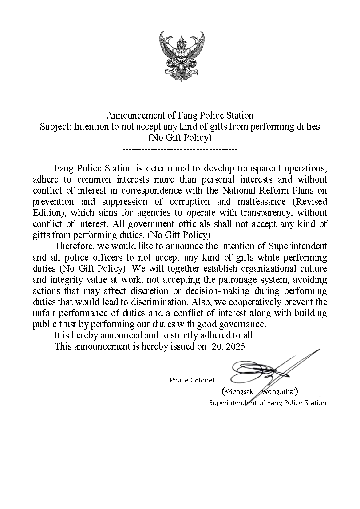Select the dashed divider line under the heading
pos(179,149)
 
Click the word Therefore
pos(73,246)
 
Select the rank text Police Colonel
pos(192,380)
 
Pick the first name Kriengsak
pos(240,392)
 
